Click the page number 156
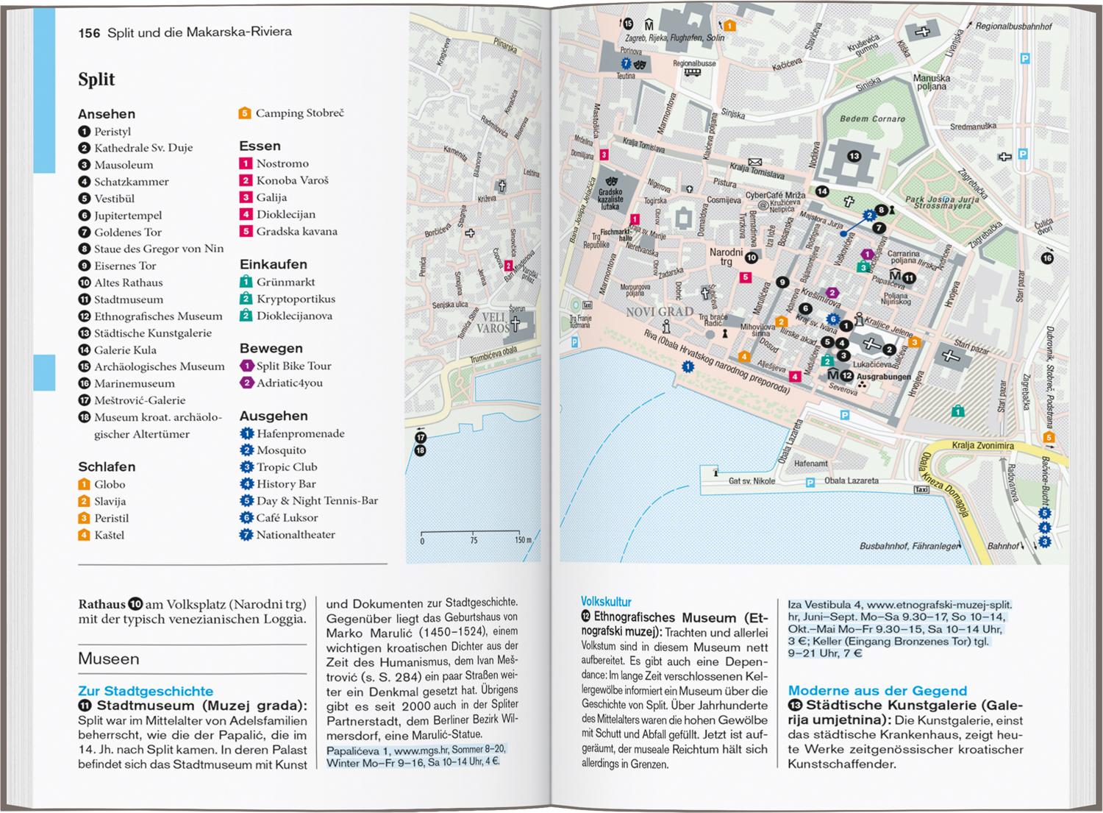click(x=89, y=32)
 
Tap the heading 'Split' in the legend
click(x=96, y=79)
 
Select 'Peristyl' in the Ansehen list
click(x=113, y=132)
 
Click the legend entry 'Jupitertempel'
click(x=128, y=216)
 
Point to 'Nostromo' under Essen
click(x=282, y=163)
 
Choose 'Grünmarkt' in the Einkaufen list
click(x=285, y=282)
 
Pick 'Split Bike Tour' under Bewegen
click(x=293, y=366)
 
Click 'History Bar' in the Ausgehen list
click(x=286, y=483)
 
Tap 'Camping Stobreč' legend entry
click(x=299, y=113)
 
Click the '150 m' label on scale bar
click(x=522, y=540)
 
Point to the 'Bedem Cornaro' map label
click(x=872, y=118)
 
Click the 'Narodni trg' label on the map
click(x=726, y=257)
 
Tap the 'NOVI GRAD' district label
click(x=660, y=312)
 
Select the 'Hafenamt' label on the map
click(x=810, y=464)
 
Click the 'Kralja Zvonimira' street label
click(x=982, y=446)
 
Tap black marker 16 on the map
click(x=1047, y=258)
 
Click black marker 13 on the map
click(x=853, y=156)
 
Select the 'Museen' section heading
click(x=108, y=658)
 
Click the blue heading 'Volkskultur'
click(x=606, y=601)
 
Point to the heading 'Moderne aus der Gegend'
click(x=877, y=690)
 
